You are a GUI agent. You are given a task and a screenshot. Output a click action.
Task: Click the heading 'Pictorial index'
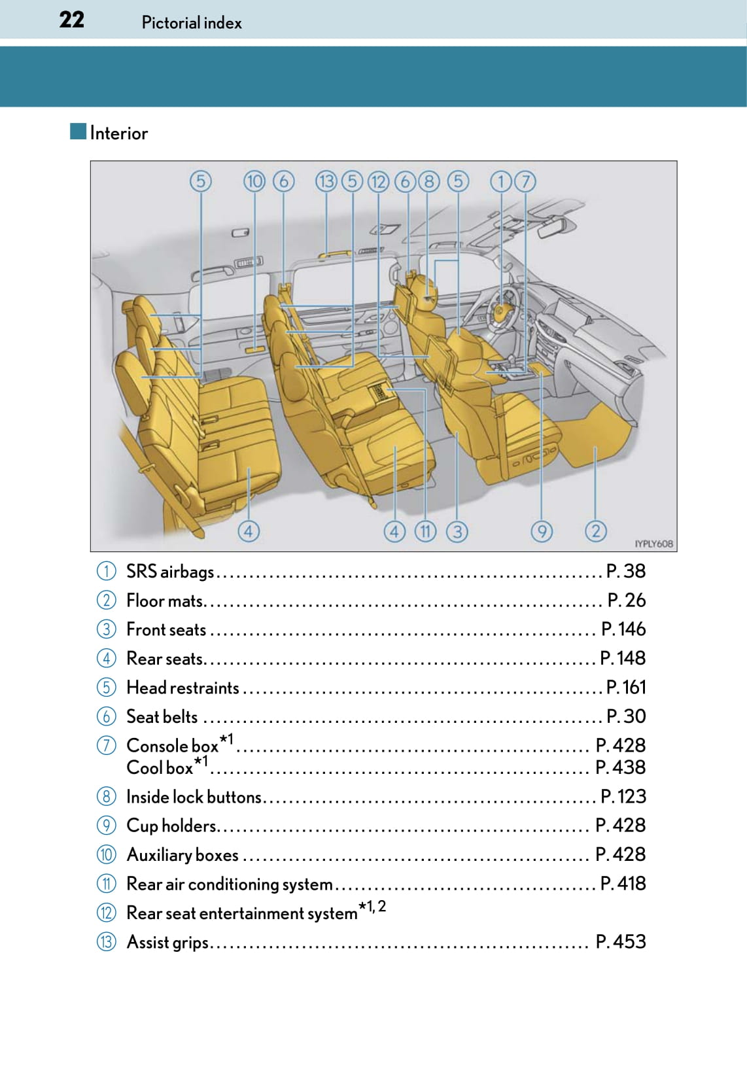191,23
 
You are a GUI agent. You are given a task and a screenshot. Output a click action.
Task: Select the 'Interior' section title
118,133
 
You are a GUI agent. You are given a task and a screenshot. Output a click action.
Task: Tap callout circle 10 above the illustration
254,181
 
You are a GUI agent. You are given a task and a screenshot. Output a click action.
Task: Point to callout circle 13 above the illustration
326,181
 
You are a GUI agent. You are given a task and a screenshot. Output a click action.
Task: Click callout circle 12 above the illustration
378,181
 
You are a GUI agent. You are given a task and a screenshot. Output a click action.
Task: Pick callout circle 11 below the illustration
425,531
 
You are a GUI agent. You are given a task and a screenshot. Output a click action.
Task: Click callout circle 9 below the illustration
541,531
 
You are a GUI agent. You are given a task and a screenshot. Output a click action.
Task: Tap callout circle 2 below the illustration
595,531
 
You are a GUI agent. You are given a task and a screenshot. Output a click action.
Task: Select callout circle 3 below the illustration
457,531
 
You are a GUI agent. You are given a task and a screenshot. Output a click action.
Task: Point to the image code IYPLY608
653,544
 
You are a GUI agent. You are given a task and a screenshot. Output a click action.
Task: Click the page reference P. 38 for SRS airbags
625,571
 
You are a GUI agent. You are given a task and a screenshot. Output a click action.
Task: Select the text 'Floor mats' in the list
165,601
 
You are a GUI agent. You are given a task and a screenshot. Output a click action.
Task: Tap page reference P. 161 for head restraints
625,687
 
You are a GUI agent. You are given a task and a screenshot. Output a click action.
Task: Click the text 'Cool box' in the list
160,767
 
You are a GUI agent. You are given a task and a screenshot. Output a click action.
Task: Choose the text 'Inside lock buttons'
194,797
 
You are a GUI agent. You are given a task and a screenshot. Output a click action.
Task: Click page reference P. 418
623,884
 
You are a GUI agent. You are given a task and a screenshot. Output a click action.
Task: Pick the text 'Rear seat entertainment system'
241,913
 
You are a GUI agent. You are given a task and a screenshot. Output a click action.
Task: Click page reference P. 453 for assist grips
620,942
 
